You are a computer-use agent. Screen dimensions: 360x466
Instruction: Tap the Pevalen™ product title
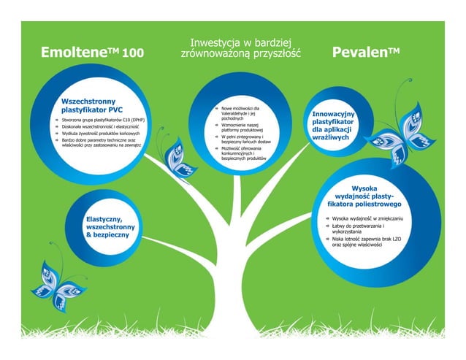(x=366, y=53)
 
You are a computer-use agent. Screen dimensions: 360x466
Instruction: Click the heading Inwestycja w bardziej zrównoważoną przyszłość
(x=241, y=48)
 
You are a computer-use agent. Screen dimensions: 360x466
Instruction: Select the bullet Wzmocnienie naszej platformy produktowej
(x=242, y=129)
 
